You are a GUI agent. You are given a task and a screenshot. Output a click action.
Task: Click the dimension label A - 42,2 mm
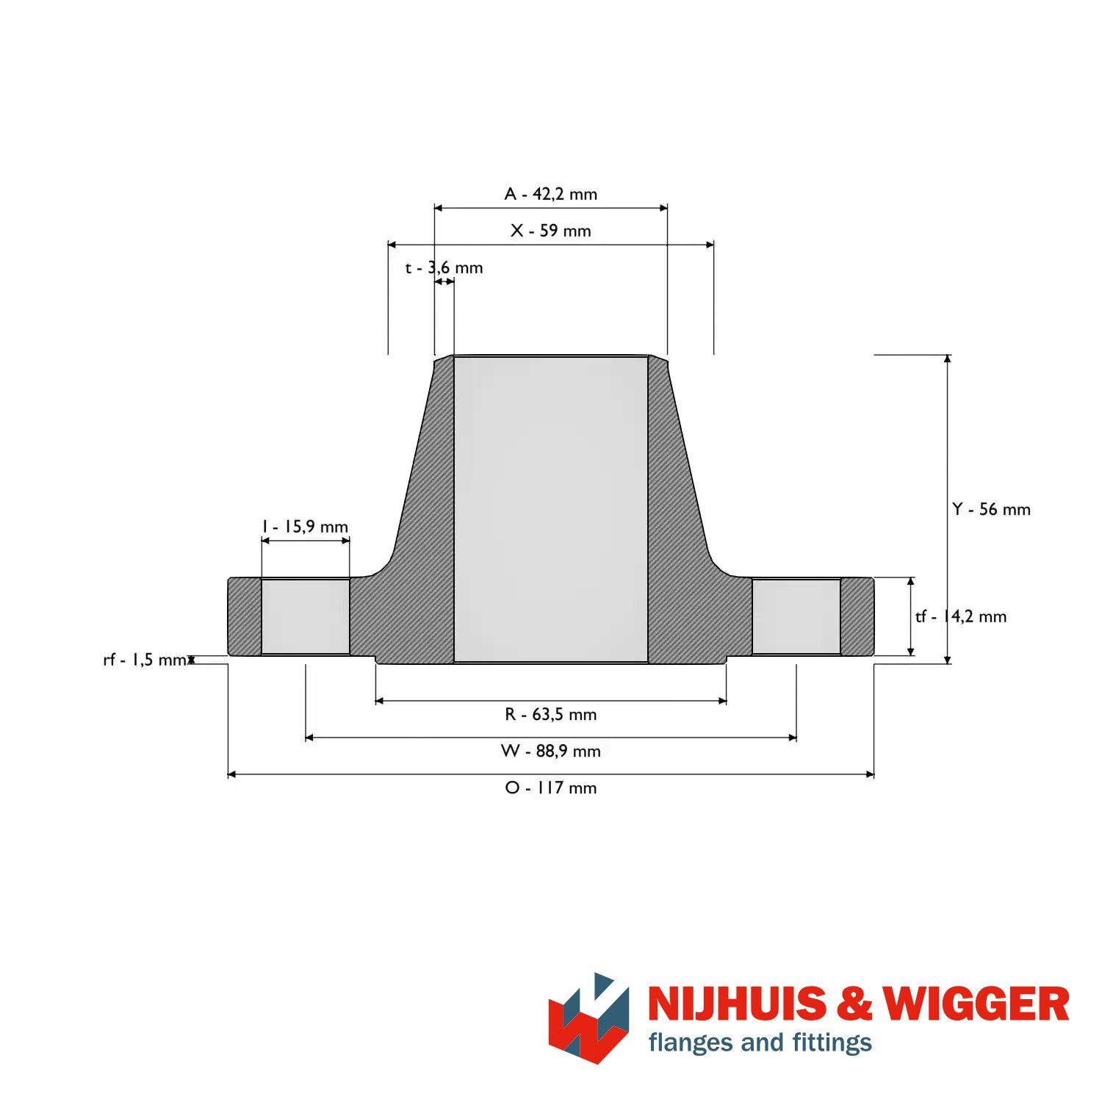pyautogui.click(x=551, y=194)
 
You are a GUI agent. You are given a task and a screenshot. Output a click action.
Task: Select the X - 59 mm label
pyautogui.click(x=551, y=231)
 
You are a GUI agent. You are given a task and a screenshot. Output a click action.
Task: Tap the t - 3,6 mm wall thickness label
pyautogui.click(x=444, y=267)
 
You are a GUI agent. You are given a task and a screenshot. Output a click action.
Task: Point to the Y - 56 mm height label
pyautogui.click(x=991, y=509)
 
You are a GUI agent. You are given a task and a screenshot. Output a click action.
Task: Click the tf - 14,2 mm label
pyautogui.click(x=961, y=616)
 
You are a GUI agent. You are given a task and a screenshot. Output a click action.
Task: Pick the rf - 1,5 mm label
pyautogui.click(x=145, y=660)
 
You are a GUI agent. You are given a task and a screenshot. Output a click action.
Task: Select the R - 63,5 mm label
pyautogui.click(x=551, y=714)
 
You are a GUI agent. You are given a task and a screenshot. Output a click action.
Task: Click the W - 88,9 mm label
pyautogui.click(x=551, y=751)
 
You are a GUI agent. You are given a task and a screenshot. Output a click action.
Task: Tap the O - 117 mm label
pyautogui.click(x=551, y=788)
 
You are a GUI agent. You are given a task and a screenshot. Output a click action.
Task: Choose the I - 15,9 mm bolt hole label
pyautogui.click(x=305, y=527)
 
